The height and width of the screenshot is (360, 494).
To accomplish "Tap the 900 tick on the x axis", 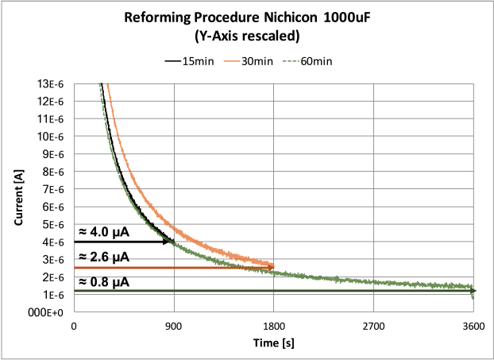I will pyautogui.click(x=174, y=326).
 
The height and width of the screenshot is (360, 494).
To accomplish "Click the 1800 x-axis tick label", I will pyautogui.click(x=273, y=326).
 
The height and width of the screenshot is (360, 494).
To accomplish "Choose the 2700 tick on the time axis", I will pyautogui.click(x=373, y=326).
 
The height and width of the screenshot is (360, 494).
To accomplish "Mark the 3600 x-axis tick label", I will pyautogui.click(x=473, y=326).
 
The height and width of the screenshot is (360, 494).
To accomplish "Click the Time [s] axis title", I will pyautogui.click(x=273, y=341).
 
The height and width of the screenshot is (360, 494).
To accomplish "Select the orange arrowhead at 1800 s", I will pyautogui.click(x=270, y=267).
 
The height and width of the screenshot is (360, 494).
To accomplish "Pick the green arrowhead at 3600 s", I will pyautogui.click(x=470, y=291).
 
